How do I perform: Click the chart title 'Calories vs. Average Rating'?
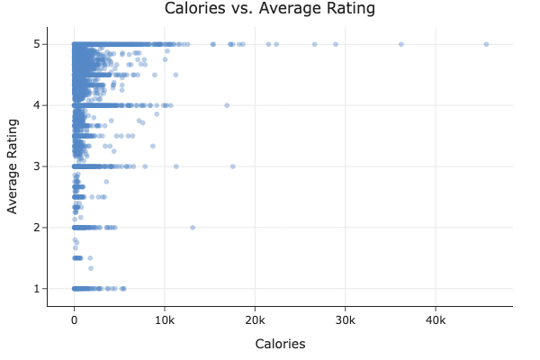[x=269, y=9]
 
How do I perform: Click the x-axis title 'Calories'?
[x=280, y=344]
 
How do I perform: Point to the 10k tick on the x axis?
[x=164, y=319]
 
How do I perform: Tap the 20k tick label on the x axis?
[x=255, y=319]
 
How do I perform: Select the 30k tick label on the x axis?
[x=346, y=319]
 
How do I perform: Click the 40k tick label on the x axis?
[x=436, y=319]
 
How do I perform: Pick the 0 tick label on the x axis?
[x=74, y=319]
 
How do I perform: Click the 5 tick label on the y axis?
[x=38, y=44]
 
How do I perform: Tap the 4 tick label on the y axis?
[x=38, y=105]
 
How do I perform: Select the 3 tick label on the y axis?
[x=38, y=166]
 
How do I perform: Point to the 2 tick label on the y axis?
[x=38, y=228]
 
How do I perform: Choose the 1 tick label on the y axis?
[x=38, y=289]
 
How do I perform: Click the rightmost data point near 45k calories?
[x=486, y=44]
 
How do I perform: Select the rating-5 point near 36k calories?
[x=401, y=44]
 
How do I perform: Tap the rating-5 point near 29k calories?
[x=336, y=44]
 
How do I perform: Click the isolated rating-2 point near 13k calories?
[x=193, y=228]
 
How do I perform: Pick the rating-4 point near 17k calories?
[x=227, y=105]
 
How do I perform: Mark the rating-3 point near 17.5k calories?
[x=232, y=166]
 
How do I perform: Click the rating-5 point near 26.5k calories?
[x=314, y=44]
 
